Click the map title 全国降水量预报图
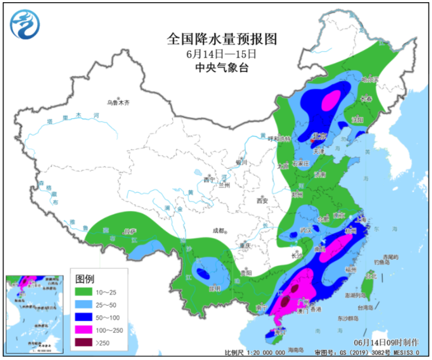pyautogui.click(x=222, y=40)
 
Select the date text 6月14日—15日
pyautogui.click(x=221, y=54)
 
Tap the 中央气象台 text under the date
pyautogui.click(x=221, y=68)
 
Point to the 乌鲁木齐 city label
pyautogui.click(x=119, y=102)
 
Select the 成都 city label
pyautogui.click(x=219, y=230)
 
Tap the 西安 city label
pyautogui.click(x=262, y=201)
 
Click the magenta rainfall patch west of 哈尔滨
pyautogui.click(x=331, y=100)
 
